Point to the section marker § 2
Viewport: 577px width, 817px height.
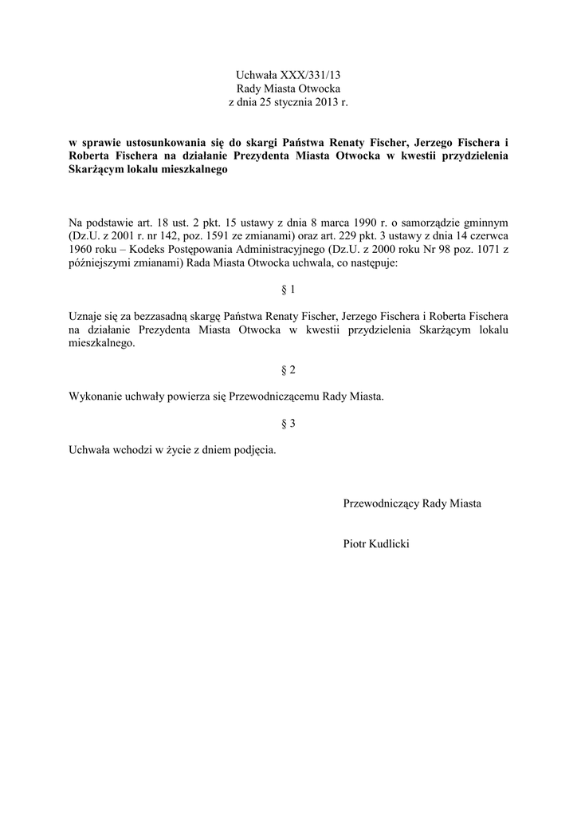click(x=288, y=370)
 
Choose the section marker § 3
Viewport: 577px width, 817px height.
click(x=288, y=424)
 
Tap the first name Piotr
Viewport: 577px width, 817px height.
click(x=355, y=543)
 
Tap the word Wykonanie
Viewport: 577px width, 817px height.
click(x=94, y=397)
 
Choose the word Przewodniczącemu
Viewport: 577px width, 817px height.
click(x=274, y=397)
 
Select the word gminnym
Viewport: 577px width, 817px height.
click(x=485, y=221)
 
